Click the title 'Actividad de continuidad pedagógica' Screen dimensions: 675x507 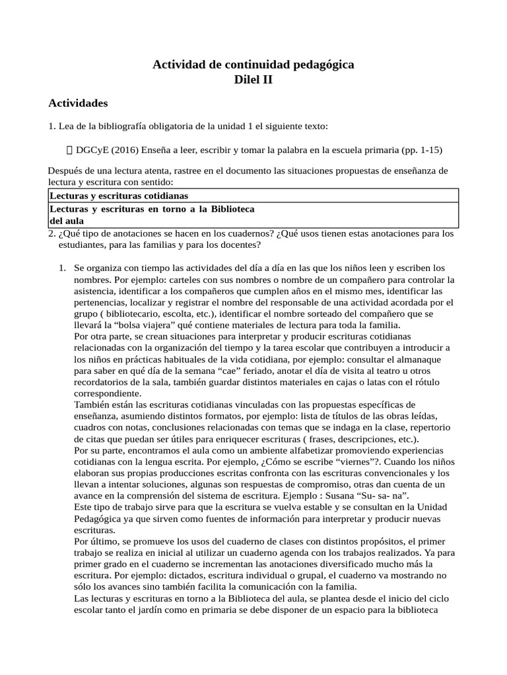point(253,65)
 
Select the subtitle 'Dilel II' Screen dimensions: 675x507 point(253,80)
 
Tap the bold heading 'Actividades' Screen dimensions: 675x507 point(78,103)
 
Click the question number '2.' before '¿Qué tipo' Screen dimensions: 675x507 point(51,233)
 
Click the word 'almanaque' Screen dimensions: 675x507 point(423,359)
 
